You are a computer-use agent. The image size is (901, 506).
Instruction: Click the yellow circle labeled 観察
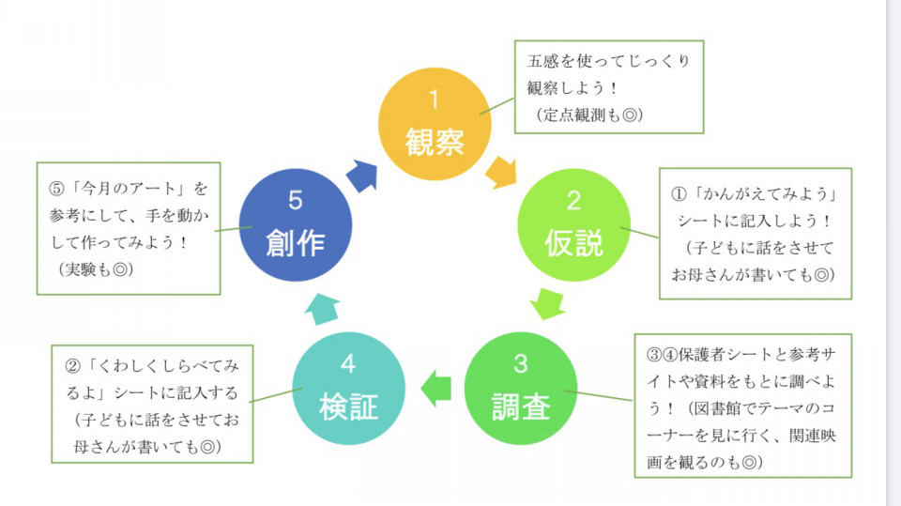(x=435, y=124)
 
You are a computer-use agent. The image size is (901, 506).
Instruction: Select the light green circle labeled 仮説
(x=573, y=224)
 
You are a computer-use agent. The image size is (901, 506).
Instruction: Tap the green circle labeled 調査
(x=521, y=388)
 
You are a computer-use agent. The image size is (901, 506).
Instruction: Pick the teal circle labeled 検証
(x=349, y=388)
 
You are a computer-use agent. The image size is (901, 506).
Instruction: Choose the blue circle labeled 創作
(x=296, y=224)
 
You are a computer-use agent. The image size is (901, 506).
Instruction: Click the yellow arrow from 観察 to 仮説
(x=501, y=172)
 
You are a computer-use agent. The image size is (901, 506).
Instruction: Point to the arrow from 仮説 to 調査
(x=547, y=303)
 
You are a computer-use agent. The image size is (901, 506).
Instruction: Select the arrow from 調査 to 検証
(x=436, y=389)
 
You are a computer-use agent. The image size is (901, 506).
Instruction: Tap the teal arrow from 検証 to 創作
(x=322, y=309)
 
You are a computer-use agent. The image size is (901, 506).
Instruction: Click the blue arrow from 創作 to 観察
(x=362, y=176)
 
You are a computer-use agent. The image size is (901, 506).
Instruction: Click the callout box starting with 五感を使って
(x=609, y=86)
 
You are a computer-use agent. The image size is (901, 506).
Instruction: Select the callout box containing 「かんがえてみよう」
(x=755, y=234)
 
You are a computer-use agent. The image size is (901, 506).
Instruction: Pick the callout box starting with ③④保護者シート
(x=743, y=406)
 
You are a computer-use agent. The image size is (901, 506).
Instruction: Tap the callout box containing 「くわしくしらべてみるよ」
(x=152, y=404)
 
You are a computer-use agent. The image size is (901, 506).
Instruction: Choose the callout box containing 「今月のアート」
(x=129, y=228)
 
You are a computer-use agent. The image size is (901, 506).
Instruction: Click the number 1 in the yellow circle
(x=434, y=100)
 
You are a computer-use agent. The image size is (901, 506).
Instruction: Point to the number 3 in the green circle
(x=521, y=363)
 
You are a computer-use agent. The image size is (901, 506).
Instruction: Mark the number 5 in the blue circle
(x=296, y=200)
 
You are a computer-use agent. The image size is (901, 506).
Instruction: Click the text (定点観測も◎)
(x=589, y=115)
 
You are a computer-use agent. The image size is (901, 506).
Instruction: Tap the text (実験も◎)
(x=96, y=269)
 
